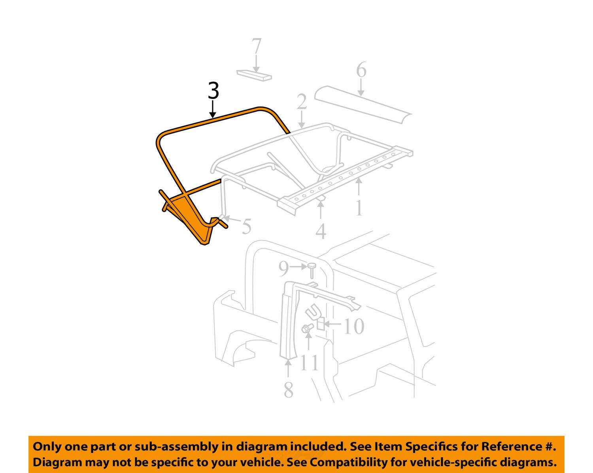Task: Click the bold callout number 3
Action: (x=213, y=91)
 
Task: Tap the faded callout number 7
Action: (x=257, y=47)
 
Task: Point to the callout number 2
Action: (x=302, y=102)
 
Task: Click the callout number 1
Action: (x=359, y=208)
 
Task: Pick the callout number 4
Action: (x=321, y=231)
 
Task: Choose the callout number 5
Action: (x=246, y=227)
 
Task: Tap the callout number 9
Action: (x=283, y=269)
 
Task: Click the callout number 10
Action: (x=353, y=327)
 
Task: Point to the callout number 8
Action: (x=289, y=390)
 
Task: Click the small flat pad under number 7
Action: (x=254, y=75)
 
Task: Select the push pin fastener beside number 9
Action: (x=312, y=271)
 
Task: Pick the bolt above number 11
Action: (x=307, y=328)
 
